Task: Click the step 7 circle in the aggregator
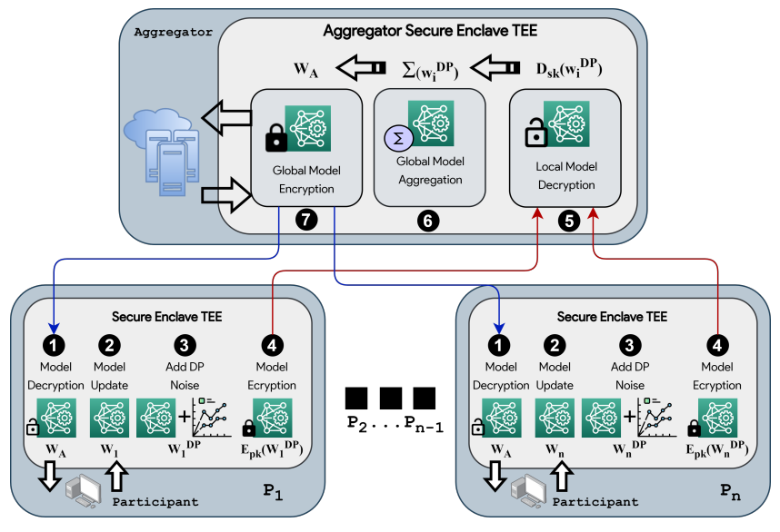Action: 306,220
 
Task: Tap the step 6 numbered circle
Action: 428,221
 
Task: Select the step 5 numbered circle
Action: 569,221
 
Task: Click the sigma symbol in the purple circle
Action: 398,138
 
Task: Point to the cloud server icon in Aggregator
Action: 162,153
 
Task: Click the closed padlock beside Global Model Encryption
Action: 276,138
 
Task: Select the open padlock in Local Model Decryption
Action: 535,133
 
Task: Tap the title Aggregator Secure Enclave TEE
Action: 430,31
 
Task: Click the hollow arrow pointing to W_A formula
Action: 361,67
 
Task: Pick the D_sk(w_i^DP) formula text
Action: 569,69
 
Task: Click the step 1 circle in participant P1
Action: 54,345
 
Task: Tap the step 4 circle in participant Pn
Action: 717,345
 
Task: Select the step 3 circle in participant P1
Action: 185,345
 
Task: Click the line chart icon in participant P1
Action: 213,418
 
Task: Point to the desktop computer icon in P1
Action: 82,491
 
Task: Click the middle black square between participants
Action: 391,399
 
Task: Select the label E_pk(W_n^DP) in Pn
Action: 717,450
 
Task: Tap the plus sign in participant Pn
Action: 629,417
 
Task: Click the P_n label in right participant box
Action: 731,492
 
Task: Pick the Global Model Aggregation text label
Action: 430,171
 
